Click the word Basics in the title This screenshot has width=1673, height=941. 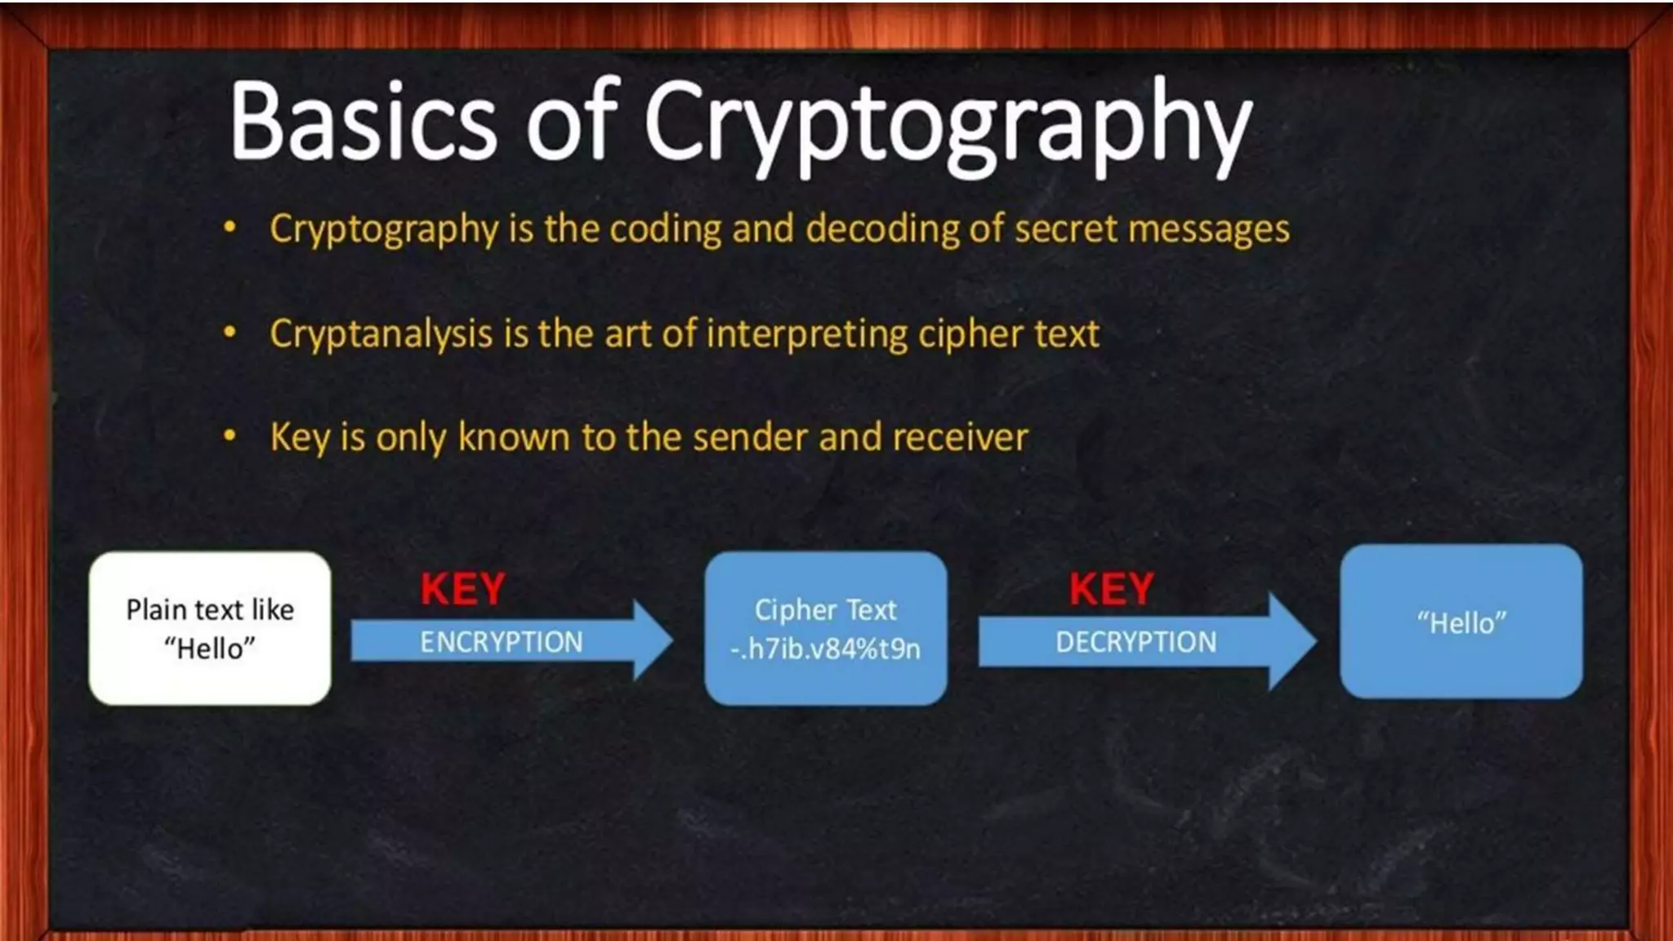click(x=363, y=121)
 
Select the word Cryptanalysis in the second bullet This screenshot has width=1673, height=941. click(x=381, y=334)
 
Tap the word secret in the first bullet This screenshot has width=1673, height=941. click(x=1065, y=228)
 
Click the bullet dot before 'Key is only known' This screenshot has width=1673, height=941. click(x=230, y=436)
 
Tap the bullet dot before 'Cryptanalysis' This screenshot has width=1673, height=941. click(x=230, y=332)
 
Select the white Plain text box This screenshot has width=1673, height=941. click(x=210, y=628)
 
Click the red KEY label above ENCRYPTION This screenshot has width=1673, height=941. click(x=462, y=589)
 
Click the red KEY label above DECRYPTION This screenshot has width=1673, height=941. click(x=1111, y=589)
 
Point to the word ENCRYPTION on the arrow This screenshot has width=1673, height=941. click(x=502, y=642)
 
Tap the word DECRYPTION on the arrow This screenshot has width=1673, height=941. click(x=1135, y=642)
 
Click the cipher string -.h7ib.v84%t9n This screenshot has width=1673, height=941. click(x=825, y=649)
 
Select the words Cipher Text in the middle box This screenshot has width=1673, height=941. click(x=825, y=609)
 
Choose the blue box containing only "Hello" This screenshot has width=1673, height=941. click(x=1461, y=622)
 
